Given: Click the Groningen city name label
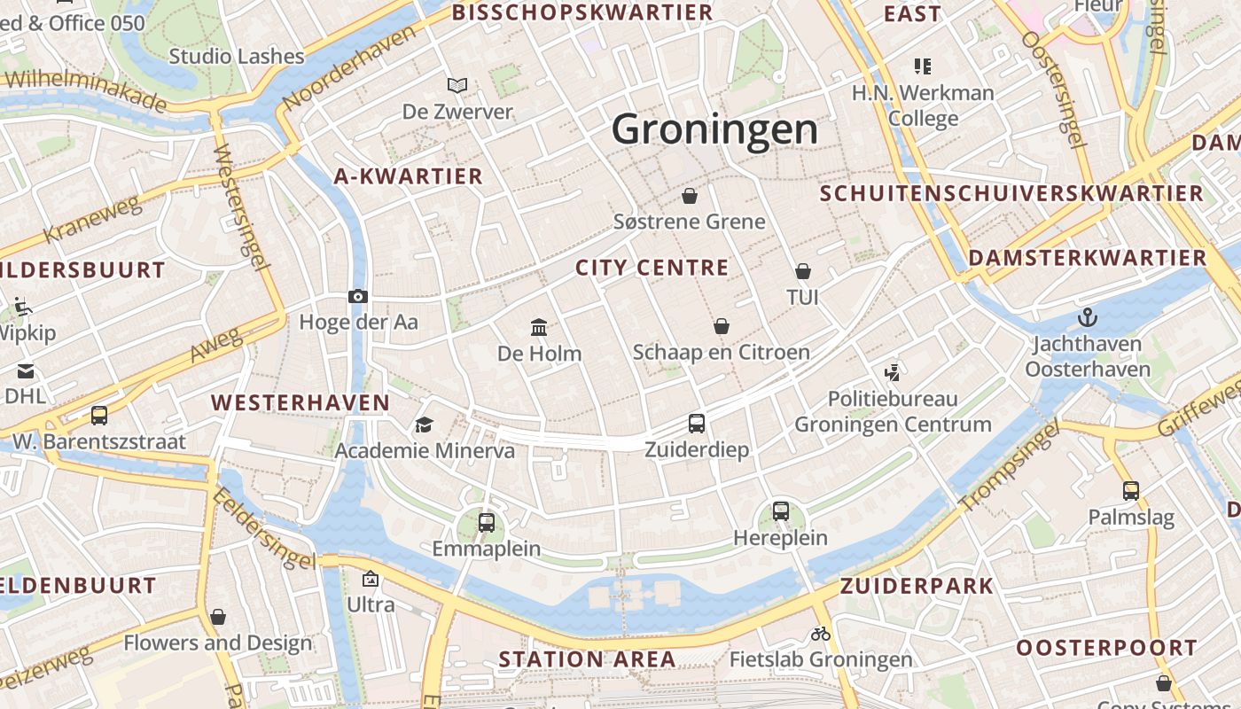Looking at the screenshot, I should pyautogui.click(x=714, y=129).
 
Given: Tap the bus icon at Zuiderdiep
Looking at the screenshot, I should pyautogui.click(x=697, y=424).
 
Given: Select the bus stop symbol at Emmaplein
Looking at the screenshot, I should pyautogui.click(x=486, y=523).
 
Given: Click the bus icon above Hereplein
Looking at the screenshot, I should pyautogui.click(x=780, y=510).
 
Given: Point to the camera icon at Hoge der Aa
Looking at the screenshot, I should pyautogui.click(x=358, y=296).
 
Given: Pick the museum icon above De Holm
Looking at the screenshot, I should pyautogui.click(x=539, y=328).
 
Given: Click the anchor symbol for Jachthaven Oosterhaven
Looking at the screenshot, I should pyautogui.click(x=1087, y=316).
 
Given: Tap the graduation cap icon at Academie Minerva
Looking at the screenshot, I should pyautogui.click(x=424, y=425).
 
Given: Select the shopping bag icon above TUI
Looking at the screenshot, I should pyautogui.click(x=803, y=270).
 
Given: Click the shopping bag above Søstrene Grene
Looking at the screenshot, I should pyautogui.click(x=690, y=195).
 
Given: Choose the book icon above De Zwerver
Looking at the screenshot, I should pyautogui.click(x=457, y=86).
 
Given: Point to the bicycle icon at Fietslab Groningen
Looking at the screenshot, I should pyautogui.click(x=821, y=634).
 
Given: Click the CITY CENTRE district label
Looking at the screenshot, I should pyautogui.click(x=652, y=268).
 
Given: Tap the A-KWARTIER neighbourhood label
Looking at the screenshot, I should pyautogui.click(x=409, y=176).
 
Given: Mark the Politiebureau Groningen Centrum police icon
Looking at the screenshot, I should pyautogui.click(x=892, y=372).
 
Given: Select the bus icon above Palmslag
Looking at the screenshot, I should pyautogui.click(x=1131, y=490).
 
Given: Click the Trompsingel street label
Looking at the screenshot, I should pyautogui.click(x=1009, y=469).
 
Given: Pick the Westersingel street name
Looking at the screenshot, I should pyautogui.click(x=240, y=206).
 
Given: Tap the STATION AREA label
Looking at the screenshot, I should pyautogui.click(x=587, y=659).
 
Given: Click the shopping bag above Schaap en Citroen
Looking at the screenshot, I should pyautogui.click(x=722, y=326).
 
